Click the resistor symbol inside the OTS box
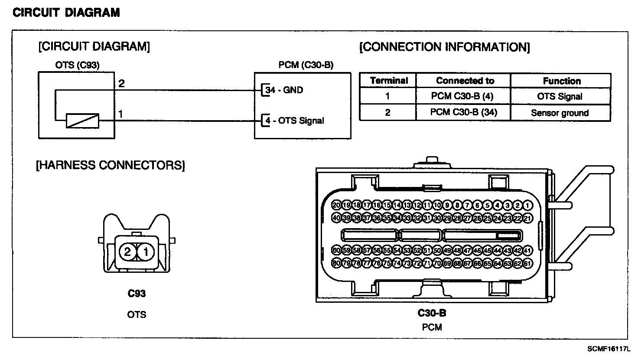(x=82, y=121)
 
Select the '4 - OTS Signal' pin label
(x=294, y=121)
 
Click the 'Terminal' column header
(x=388, y=81)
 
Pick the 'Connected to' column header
(x=465, y=81)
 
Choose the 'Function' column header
(x=561, y=81)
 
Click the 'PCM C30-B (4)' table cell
(x=463, y=96)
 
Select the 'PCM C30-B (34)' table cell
(x=463, y=112)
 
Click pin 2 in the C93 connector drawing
(x=127, y=252)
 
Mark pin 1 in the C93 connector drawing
(x=146, y=252)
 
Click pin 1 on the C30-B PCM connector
(x=527, y=205)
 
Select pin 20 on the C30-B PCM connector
(x=336, y=205)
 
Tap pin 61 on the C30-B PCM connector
(x=527, y=263)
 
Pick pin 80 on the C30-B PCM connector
(x=336, y=263)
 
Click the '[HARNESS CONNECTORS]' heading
(x=110, y=165)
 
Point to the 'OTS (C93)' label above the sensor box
(x=77, y=65)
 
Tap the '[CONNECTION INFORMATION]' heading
(x=445, y=47)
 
